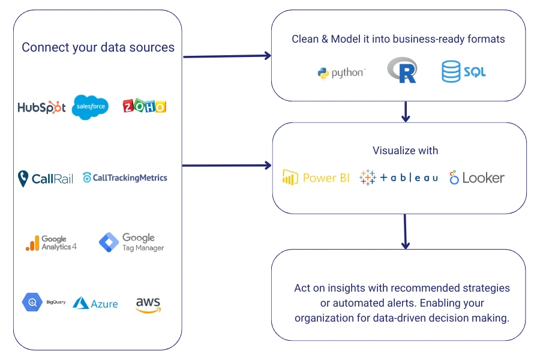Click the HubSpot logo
[41, 107]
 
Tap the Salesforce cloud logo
[90, 107]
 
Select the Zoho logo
[144, 106]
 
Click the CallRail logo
[45, 178]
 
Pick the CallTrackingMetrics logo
[125, 178]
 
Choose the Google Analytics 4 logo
[51, 242]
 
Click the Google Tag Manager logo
[131, 242]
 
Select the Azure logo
[95, 304]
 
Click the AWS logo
[148, 304]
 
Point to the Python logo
[341, 73]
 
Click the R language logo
[402, 70]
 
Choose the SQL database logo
[463, 72]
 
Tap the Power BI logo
[316, 178]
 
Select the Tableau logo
[398, 178]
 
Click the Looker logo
[477, 178]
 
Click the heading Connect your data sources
[98, 47]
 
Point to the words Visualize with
[405, 151]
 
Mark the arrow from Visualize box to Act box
[406, 231]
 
